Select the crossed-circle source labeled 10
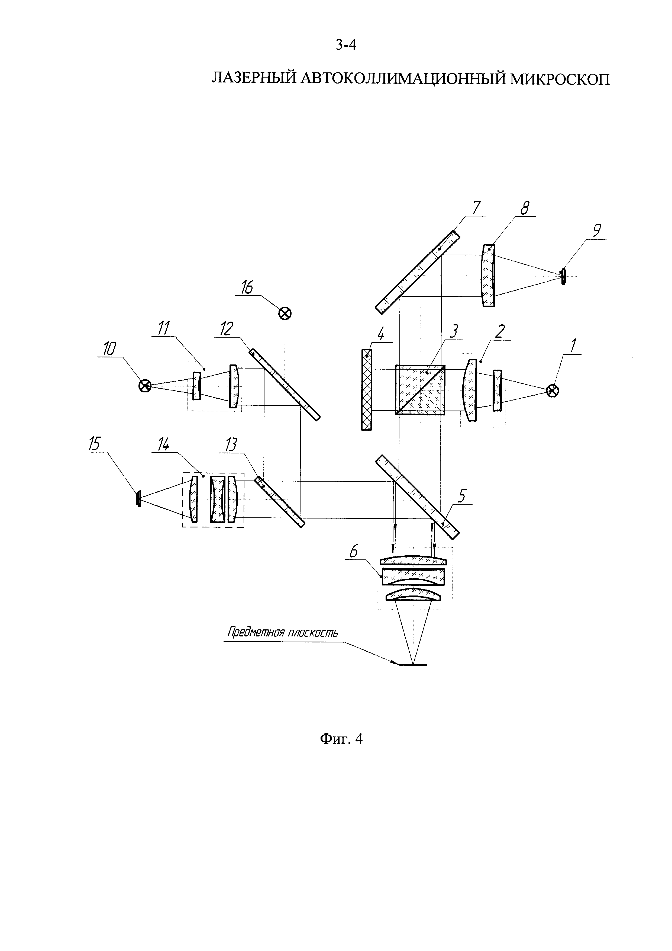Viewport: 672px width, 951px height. point(144,386)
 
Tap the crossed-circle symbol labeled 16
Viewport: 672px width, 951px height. point(285,313)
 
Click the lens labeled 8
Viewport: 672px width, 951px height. point(488,276)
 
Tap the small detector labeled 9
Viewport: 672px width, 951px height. point(563,276)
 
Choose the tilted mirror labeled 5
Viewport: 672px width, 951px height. point(418,497)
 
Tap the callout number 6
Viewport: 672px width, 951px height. point(354,553)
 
